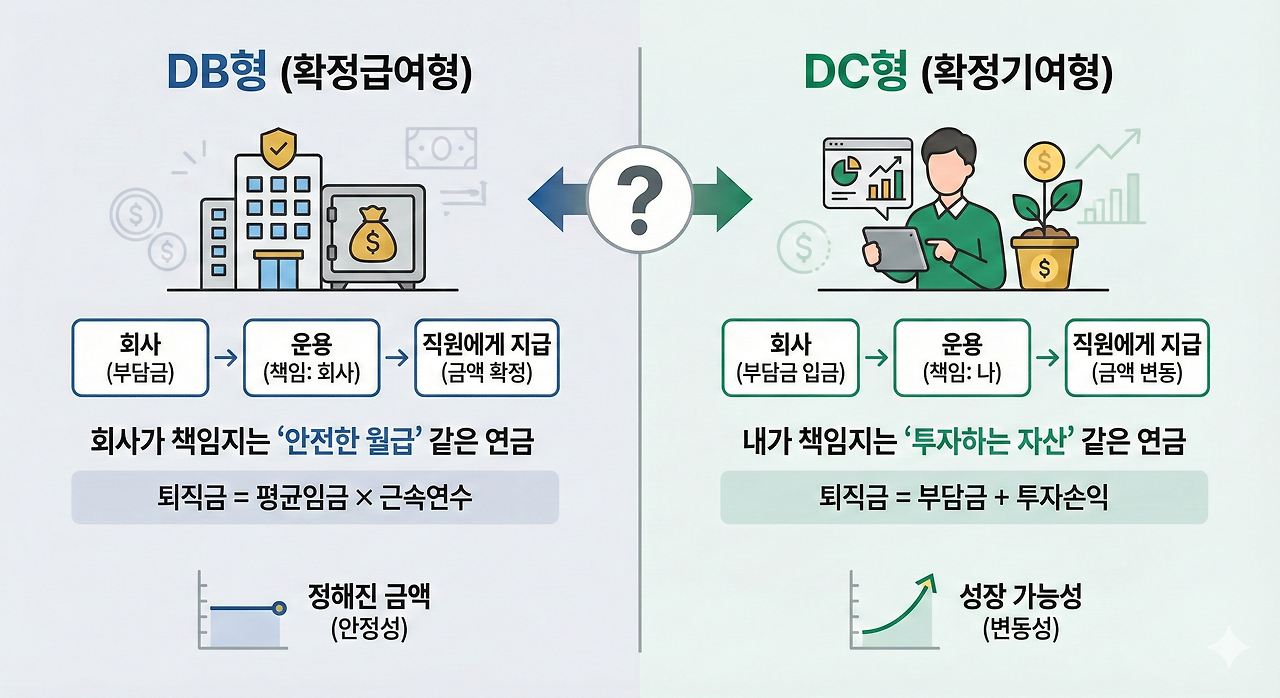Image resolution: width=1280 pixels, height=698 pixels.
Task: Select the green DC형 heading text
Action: [856, 76]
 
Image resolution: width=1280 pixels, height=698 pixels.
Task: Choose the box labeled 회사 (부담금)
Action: [138, 357]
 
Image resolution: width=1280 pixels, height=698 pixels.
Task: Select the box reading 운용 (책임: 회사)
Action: [311, 357]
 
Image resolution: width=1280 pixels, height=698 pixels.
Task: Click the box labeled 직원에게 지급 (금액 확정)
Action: [487, 357]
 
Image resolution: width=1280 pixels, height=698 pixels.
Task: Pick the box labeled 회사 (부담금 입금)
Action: [790, 357]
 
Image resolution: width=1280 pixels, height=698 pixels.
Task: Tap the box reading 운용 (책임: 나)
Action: [961, 357]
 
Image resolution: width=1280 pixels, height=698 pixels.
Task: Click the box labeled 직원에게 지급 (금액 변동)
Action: [1137, 357]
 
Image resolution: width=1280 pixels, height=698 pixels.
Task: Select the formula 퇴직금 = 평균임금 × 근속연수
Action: [314, 497]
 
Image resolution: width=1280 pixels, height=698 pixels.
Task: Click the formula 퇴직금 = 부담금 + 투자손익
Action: [964, 497]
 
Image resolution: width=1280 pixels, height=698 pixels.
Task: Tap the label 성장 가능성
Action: [1020, 598]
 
